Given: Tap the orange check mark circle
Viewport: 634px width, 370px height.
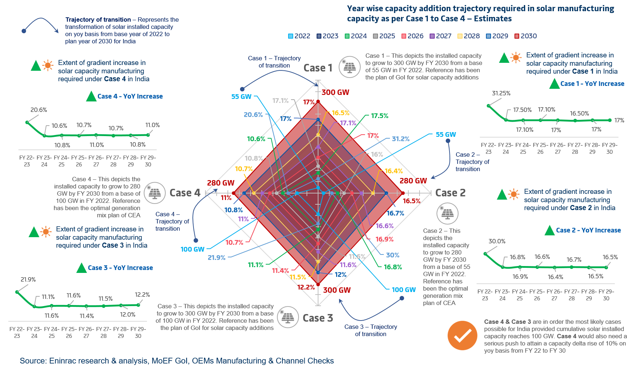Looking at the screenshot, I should pos(462,335).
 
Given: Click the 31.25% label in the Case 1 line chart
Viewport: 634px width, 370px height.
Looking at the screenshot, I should pos(501,93).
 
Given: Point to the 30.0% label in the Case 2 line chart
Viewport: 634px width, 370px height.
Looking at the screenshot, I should pos(497,241).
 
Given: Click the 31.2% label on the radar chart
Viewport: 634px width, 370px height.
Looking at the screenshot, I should pos(400,139).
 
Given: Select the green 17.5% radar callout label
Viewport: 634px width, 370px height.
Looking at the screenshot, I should pos(379,116).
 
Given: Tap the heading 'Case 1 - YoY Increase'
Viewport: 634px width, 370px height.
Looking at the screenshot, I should pos(592,84).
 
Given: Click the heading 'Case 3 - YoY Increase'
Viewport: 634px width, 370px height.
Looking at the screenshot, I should pos(120,268).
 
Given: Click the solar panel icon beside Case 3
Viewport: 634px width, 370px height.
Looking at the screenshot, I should pos(288,317).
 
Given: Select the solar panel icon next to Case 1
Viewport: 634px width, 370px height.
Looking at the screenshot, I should pos(349,67).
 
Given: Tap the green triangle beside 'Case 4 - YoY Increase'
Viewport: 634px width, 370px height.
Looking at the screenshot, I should pos(91,96).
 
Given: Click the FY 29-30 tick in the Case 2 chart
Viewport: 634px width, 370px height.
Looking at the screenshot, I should pos(606,295).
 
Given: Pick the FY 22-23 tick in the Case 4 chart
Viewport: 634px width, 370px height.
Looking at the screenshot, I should pos(27,161).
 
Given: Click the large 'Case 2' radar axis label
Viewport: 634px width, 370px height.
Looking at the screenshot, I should pos(450,193).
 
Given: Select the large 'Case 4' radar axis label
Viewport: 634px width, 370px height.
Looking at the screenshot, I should pos(185,193).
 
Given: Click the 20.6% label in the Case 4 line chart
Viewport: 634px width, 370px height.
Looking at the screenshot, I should pos(39,110).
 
